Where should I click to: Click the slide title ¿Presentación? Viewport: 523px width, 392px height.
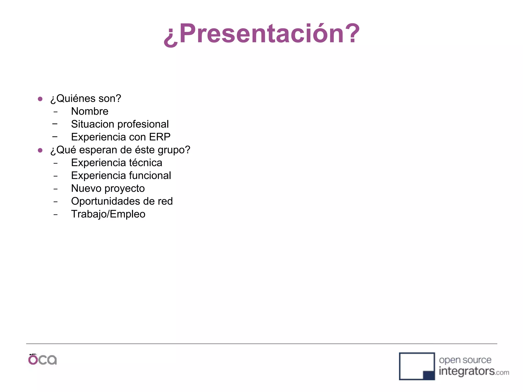click(x=261, y=34)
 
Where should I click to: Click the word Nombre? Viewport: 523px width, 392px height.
click(x=90, y=111)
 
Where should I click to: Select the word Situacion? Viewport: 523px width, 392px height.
click(x=92, y=124)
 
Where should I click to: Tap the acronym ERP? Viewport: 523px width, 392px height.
click(x=160, y=137)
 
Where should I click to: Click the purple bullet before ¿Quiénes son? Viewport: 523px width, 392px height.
click(x=40, y=99)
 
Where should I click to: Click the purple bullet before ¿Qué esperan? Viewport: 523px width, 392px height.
click(x=40, y=150)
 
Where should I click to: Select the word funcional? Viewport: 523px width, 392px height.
click(x=150, y=175)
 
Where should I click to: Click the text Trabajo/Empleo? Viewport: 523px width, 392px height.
click(x=108, y=214)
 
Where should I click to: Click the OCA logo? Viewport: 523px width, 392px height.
click(x=42, y=360)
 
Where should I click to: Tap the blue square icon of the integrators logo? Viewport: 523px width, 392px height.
click(x=417, y=366)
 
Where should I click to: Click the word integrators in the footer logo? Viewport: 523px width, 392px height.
click(x=467, y=371)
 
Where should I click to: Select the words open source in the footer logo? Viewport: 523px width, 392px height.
click(x=465, y=360)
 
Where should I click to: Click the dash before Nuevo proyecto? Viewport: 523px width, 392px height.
click(x=56, y=189)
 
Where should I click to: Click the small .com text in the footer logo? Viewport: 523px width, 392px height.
click(x=502, y=373)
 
